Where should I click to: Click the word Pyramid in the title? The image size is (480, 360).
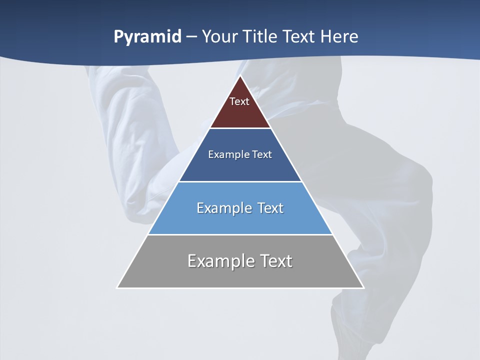(147, 37)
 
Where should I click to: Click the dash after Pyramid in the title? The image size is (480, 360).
(191, 37)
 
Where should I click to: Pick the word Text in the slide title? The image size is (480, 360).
(300, 37)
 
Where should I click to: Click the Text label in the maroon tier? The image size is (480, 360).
(239, 101)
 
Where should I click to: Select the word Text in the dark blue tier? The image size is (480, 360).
(262, 154)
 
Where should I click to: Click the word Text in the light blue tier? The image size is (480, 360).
(269, 208)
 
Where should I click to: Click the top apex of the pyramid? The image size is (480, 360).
(240, 76)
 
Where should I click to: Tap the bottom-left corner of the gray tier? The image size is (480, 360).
(118, 287)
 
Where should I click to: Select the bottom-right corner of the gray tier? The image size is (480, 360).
(363, 287)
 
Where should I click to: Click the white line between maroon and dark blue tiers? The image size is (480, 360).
(240, 128)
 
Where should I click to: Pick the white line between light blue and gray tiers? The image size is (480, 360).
(240, 234)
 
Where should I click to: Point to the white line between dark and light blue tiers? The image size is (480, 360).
(240, 181)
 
